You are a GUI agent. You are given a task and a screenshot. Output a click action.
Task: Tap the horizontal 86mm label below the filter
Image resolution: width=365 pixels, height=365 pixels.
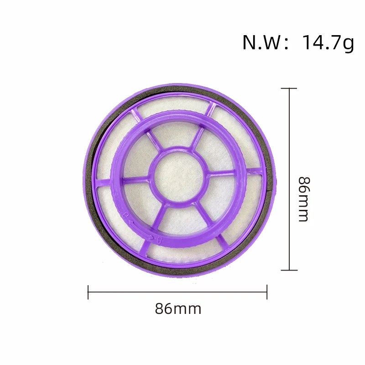[x=178, y=309]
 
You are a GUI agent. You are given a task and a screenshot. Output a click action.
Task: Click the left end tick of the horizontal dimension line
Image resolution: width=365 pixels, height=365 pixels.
[x=88, y=292]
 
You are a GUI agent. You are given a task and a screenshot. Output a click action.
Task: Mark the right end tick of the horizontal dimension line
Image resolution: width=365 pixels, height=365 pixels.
[x=267, y=292]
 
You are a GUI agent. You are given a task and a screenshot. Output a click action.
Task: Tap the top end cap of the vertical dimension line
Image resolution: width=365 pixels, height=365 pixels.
[x=290, y=89]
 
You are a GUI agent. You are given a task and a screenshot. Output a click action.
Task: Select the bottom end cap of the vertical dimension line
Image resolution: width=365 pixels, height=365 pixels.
[x=290, y=270]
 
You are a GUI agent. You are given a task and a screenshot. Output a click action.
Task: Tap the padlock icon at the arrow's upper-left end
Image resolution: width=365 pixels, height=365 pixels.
[x=124, y=214]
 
